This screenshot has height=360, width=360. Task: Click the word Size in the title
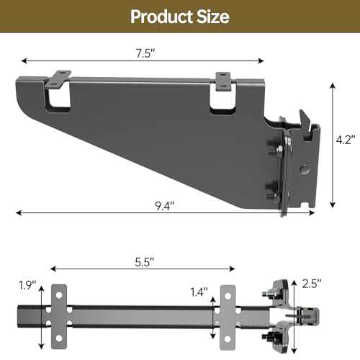[x=212, y=16]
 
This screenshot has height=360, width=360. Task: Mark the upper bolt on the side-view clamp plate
[x=277, y=150]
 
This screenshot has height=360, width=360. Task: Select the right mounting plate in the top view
[x=228, y=312]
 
